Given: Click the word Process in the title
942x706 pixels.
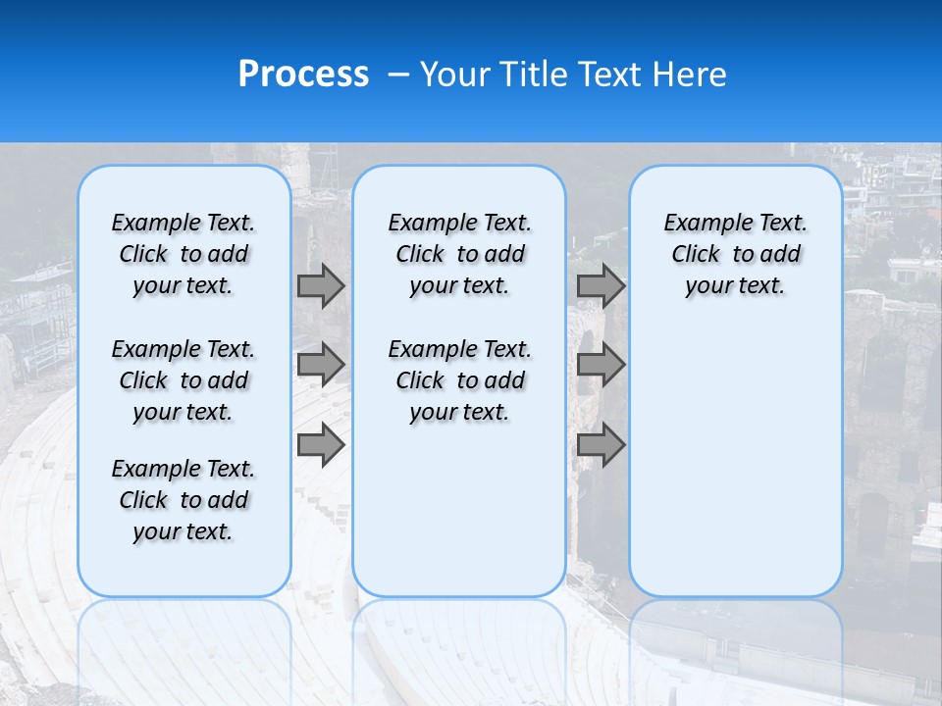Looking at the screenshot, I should [303, 75].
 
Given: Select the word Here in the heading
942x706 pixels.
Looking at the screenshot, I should [690, 75].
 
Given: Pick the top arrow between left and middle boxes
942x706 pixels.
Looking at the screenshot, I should [321, 285].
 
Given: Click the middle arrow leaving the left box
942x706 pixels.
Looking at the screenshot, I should [321, 365].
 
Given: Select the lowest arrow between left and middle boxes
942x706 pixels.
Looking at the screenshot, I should [321, 444].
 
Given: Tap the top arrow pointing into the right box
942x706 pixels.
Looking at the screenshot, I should [601, 285].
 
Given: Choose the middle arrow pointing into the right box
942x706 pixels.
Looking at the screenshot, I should [601, 365].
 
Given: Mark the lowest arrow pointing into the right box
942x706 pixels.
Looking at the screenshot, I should [601, 444].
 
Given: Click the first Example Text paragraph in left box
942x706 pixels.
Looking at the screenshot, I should [183, 254].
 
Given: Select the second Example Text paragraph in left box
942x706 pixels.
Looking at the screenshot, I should [183, 380].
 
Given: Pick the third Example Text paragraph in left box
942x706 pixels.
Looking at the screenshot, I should [183, 500].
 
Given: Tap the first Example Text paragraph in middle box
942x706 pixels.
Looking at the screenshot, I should [459, 254].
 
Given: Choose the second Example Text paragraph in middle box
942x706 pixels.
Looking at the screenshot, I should [459, 380].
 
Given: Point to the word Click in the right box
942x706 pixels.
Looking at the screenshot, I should [696, 255].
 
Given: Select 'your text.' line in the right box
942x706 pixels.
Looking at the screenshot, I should [735, 286].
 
